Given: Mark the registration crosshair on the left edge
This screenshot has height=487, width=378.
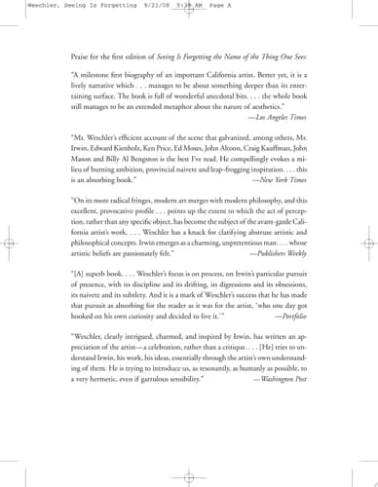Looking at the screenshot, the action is coord(9,244).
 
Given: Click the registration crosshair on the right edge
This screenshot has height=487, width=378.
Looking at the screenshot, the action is coord(368,244).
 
